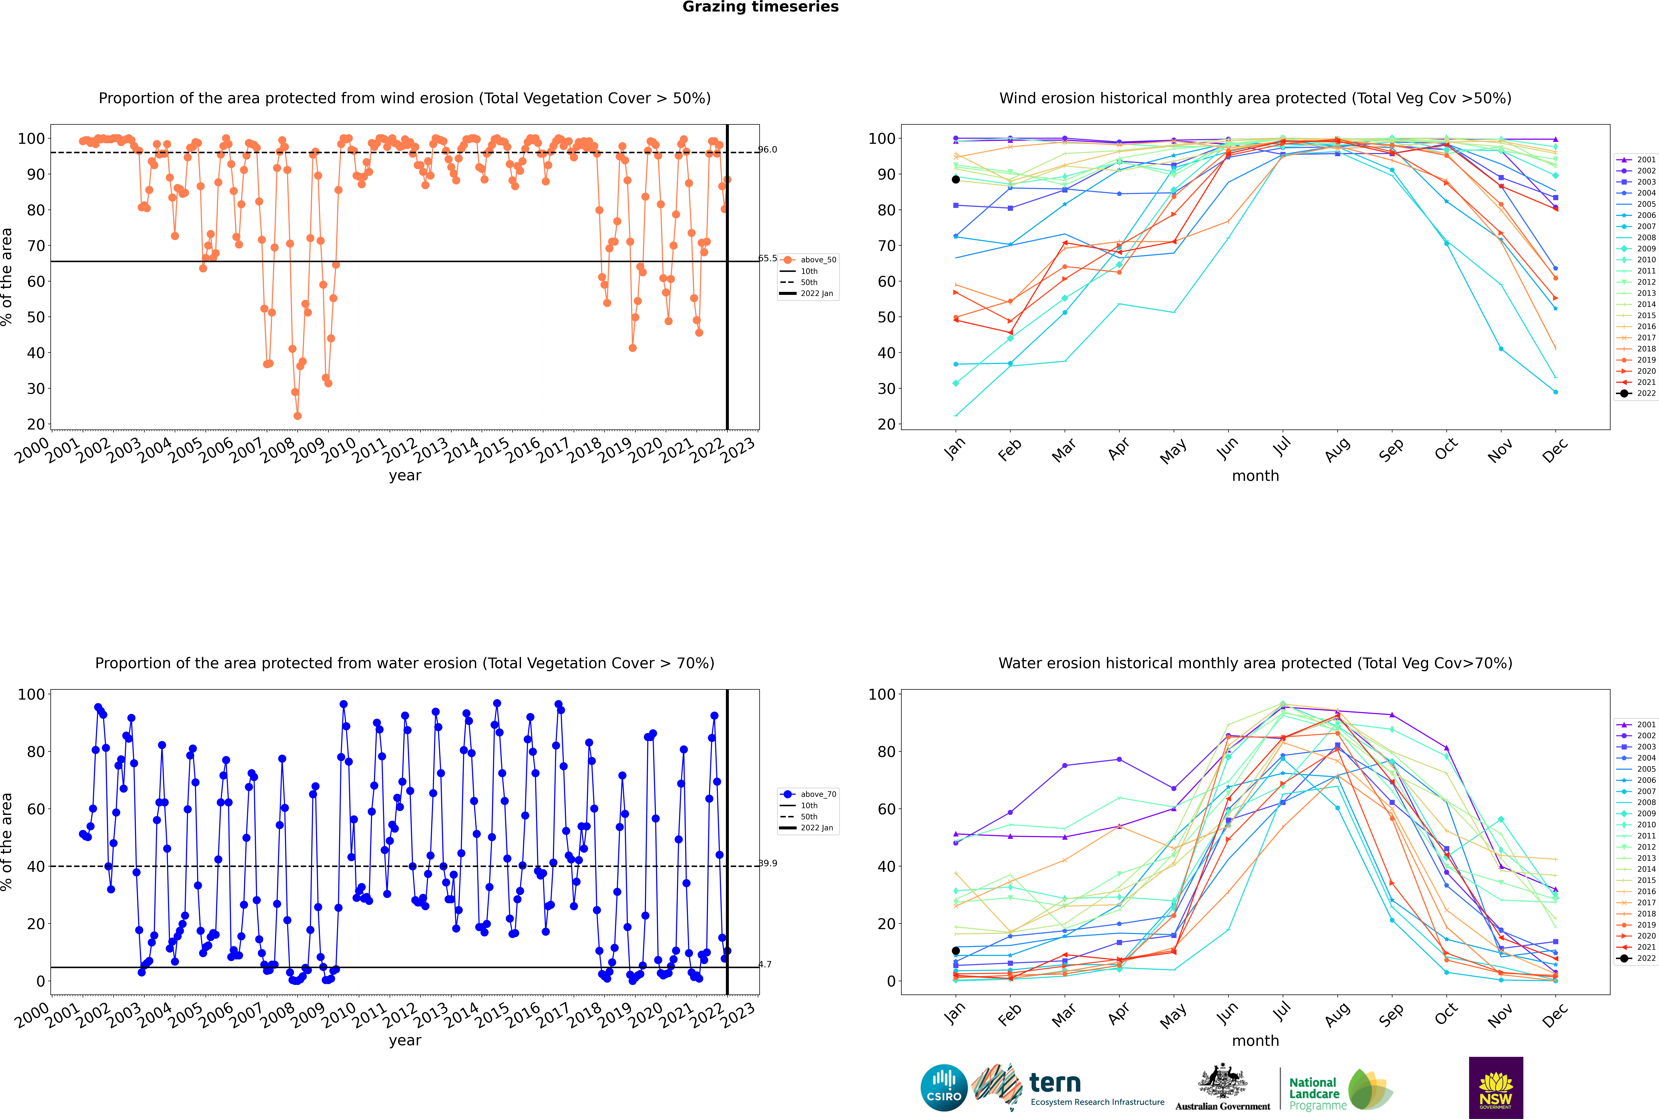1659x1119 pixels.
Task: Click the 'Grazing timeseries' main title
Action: (x=760, y=7)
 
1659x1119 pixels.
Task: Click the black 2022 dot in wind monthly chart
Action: (x=956, y=179)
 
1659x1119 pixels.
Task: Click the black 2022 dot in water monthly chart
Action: (x=956, y=951)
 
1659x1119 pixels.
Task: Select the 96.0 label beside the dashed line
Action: (x=767, y=149)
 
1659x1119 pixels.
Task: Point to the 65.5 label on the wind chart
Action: (x=767, y=258)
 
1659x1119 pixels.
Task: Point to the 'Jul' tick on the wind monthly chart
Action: (x=1282, y=447)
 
